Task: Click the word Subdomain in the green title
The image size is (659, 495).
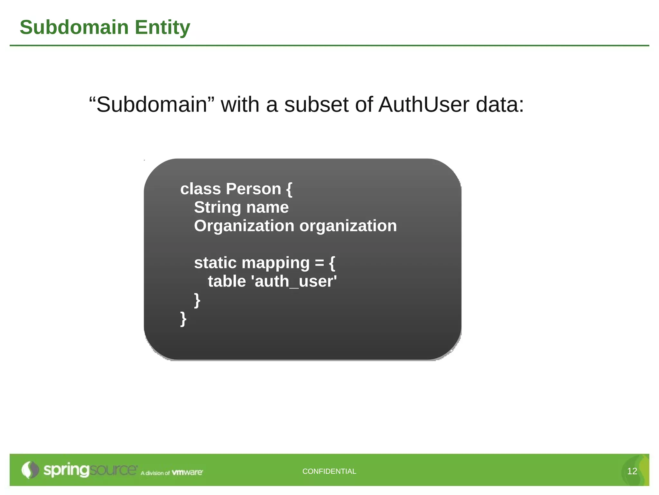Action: pos(74,27)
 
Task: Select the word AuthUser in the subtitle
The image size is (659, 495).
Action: pos(424,105)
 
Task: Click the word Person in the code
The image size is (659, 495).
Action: pos(254,189)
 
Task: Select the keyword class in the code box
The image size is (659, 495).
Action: pos(200,189)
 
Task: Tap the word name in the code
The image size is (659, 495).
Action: pos(267,207)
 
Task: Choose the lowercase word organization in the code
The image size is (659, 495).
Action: pos(348,226)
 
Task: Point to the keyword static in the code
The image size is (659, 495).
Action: pos(215,263)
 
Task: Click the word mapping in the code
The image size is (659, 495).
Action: pos(276,263)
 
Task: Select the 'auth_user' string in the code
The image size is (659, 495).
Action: pos(296,281)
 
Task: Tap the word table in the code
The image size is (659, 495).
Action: pos(227,281)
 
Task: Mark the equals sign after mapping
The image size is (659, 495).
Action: pos(320,263)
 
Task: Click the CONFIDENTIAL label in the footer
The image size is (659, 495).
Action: pos(329,471)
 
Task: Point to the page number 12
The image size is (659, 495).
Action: pos(632,471)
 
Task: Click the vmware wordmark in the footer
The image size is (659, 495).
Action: pos(187,472)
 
